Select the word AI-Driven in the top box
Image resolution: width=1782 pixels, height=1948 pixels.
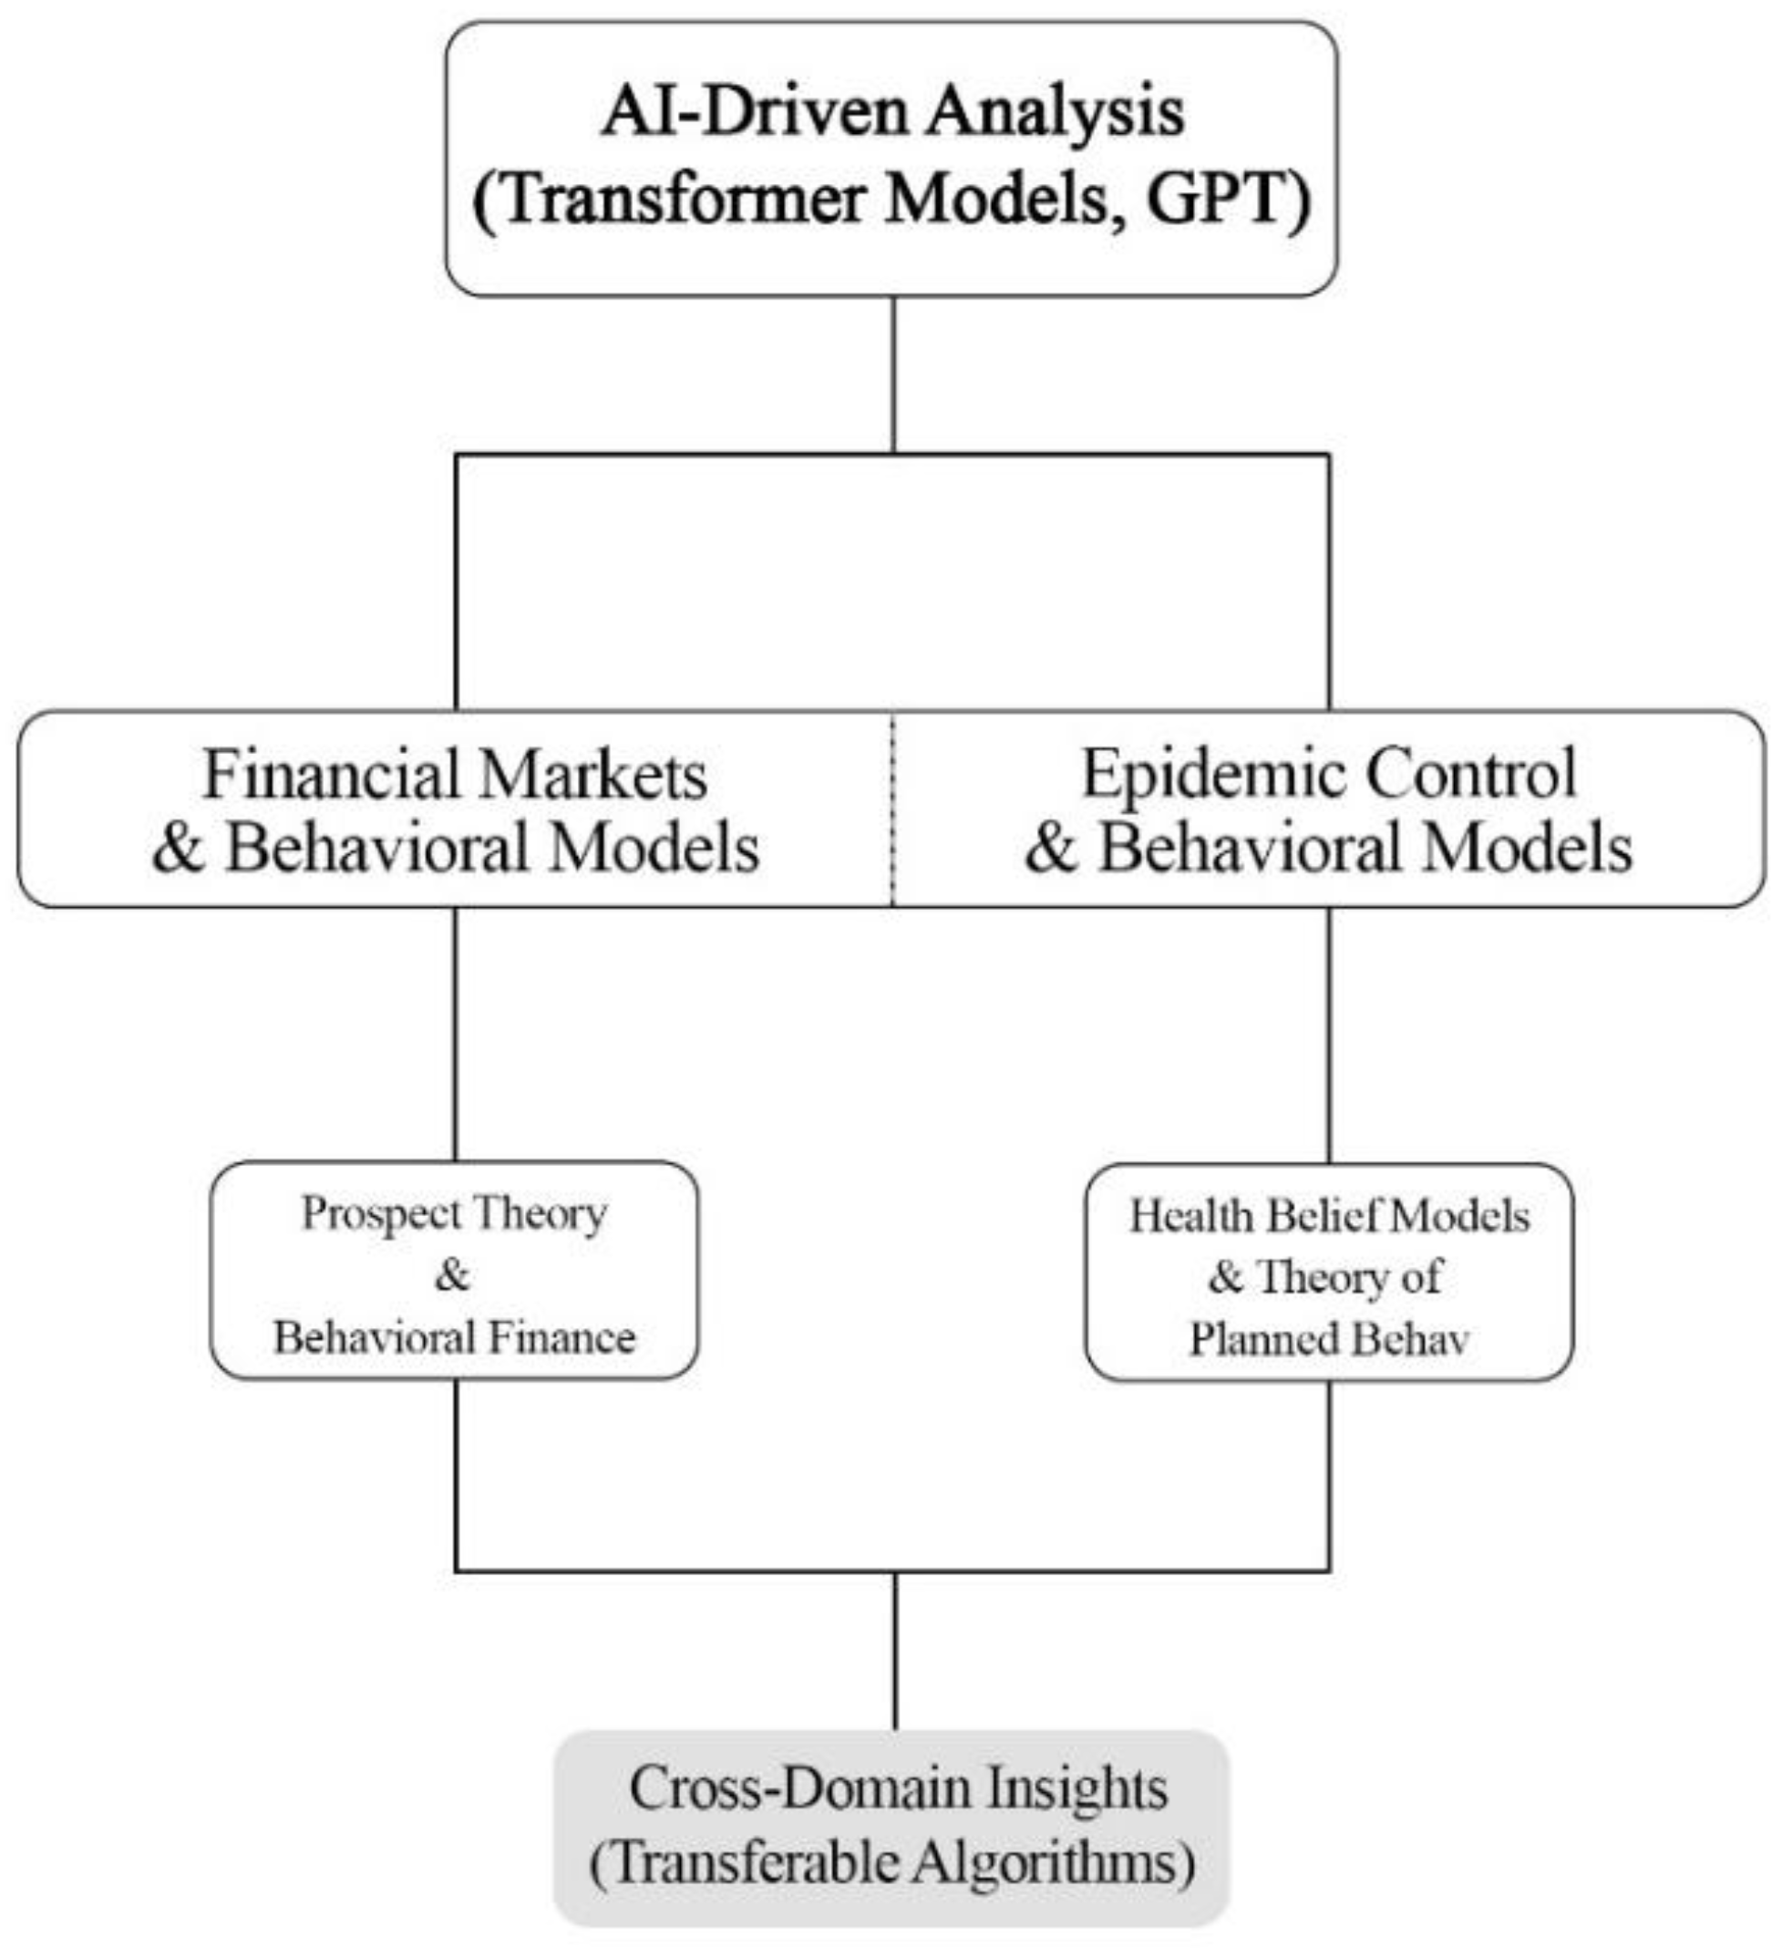click(x=757, y=112)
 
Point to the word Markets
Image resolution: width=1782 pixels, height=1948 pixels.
click(x=592, y=775)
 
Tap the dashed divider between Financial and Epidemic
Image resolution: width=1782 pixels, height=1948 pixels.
click(x=892, y=809)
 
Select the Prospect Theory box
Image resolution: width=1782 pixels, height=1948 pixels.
click(x=454, y=1270)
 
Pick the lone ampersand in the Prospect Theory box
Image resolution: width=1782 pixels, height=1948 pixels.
click(x=452, y=1275)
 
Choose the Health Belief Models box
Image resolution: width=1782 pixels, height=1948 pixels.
click(x=1329, y=1272)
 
